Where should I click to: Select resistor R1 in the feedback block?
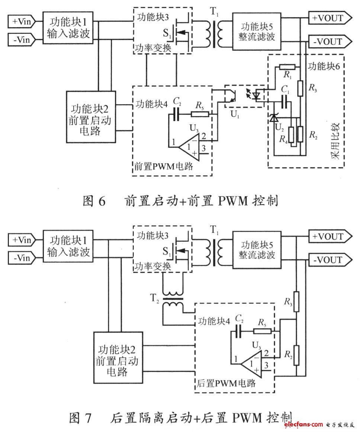pyautogui.click(x=288, y=67)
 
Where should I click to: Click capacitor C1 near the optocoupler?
pyautogui.click(x=285, y=99)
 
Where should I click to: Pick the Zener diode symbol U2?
pyautogui.click(x=274, y=118)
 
